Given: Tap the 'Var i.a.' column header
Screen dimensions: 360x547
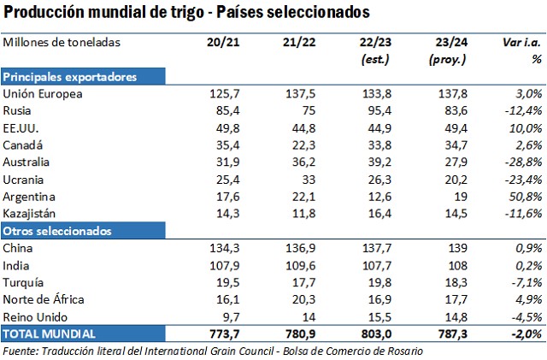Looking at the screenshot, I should pyautogui.click(x=522, y=42).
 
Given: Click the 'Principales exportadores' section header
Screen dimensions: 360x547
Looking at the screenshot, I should pyautogui.click(x=71, y=77).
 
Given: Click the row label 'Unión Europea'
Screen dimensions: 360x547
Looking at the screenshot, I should pyautogui.click(x=43, y=94).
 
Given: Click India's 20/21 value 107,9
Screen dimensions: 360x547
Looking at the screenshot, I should pyautogui.click(x=224, y=265).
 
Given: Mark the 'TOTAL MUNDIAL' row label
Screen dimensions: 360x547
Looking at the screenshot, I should pyautogui.click(x=49, y=333).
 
